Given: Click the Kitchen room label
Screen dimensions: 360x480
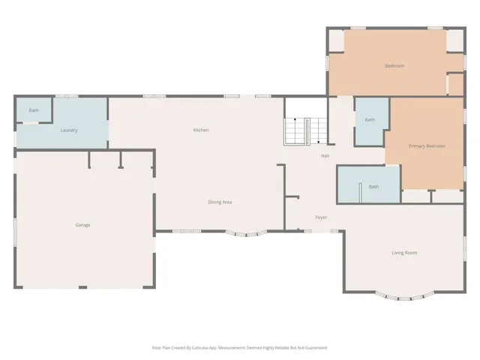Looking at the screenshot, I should pos(201,130).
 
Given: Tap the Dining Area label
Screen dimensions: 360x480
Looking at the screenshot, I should pos(220,202).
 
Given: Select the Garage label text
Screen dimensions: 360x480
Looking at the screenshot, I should pos(82,225).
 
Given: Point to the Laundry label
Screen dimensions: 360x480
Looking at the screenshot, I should pos(69,130).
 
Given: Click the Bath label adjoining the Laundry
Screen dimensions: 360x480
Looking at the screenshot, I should pos(34,110).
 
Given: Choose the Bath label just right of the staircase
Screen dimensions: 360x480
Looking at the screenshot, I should pos(370,120).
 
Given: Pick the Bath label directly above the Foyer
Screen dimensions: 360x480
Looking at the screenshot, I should pos(373,187).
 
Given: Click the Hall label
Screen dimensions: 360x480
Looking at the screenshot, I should pos(325,156).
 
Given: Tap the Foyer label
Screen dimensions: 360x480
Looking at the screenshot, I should pos(321,217).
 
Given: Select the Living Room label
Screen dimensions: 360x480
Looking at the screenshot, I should pos(404,253).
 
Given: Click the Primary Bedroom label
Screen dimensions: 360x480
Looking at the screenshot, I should pos(427,145).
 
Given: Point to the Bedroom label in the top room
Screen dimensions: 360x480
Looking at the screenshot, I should pos(394,66).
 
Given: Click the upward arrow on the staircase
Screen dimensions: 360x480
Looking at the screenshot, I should pos(295,125).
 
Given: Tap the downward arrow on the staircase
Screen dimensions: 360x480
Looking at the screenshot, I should pos(319,135).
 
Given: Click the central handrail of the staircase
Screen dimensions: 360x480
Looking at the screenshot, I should pos(307,132).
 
